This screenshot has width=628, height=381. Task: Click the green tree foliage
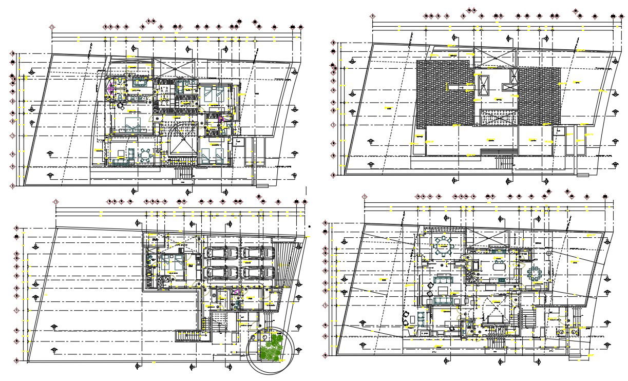(271, 347)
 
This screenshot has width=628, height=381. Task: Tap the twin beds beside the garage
(172, 262)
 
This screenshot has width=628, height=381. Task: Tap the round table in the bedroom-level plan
(146, 155)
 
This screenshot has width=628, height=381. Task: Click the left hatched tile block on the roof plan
(443, 93)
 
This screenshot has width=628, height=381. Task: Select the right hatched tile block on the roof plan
(539, 97)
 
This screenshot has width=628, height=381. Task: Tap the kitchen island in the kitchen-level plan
(498, 266)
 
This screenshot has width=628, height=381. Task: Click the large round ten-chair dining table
(442, 246)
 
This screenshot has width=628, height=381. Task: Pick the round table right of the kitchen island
(535, 273)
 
